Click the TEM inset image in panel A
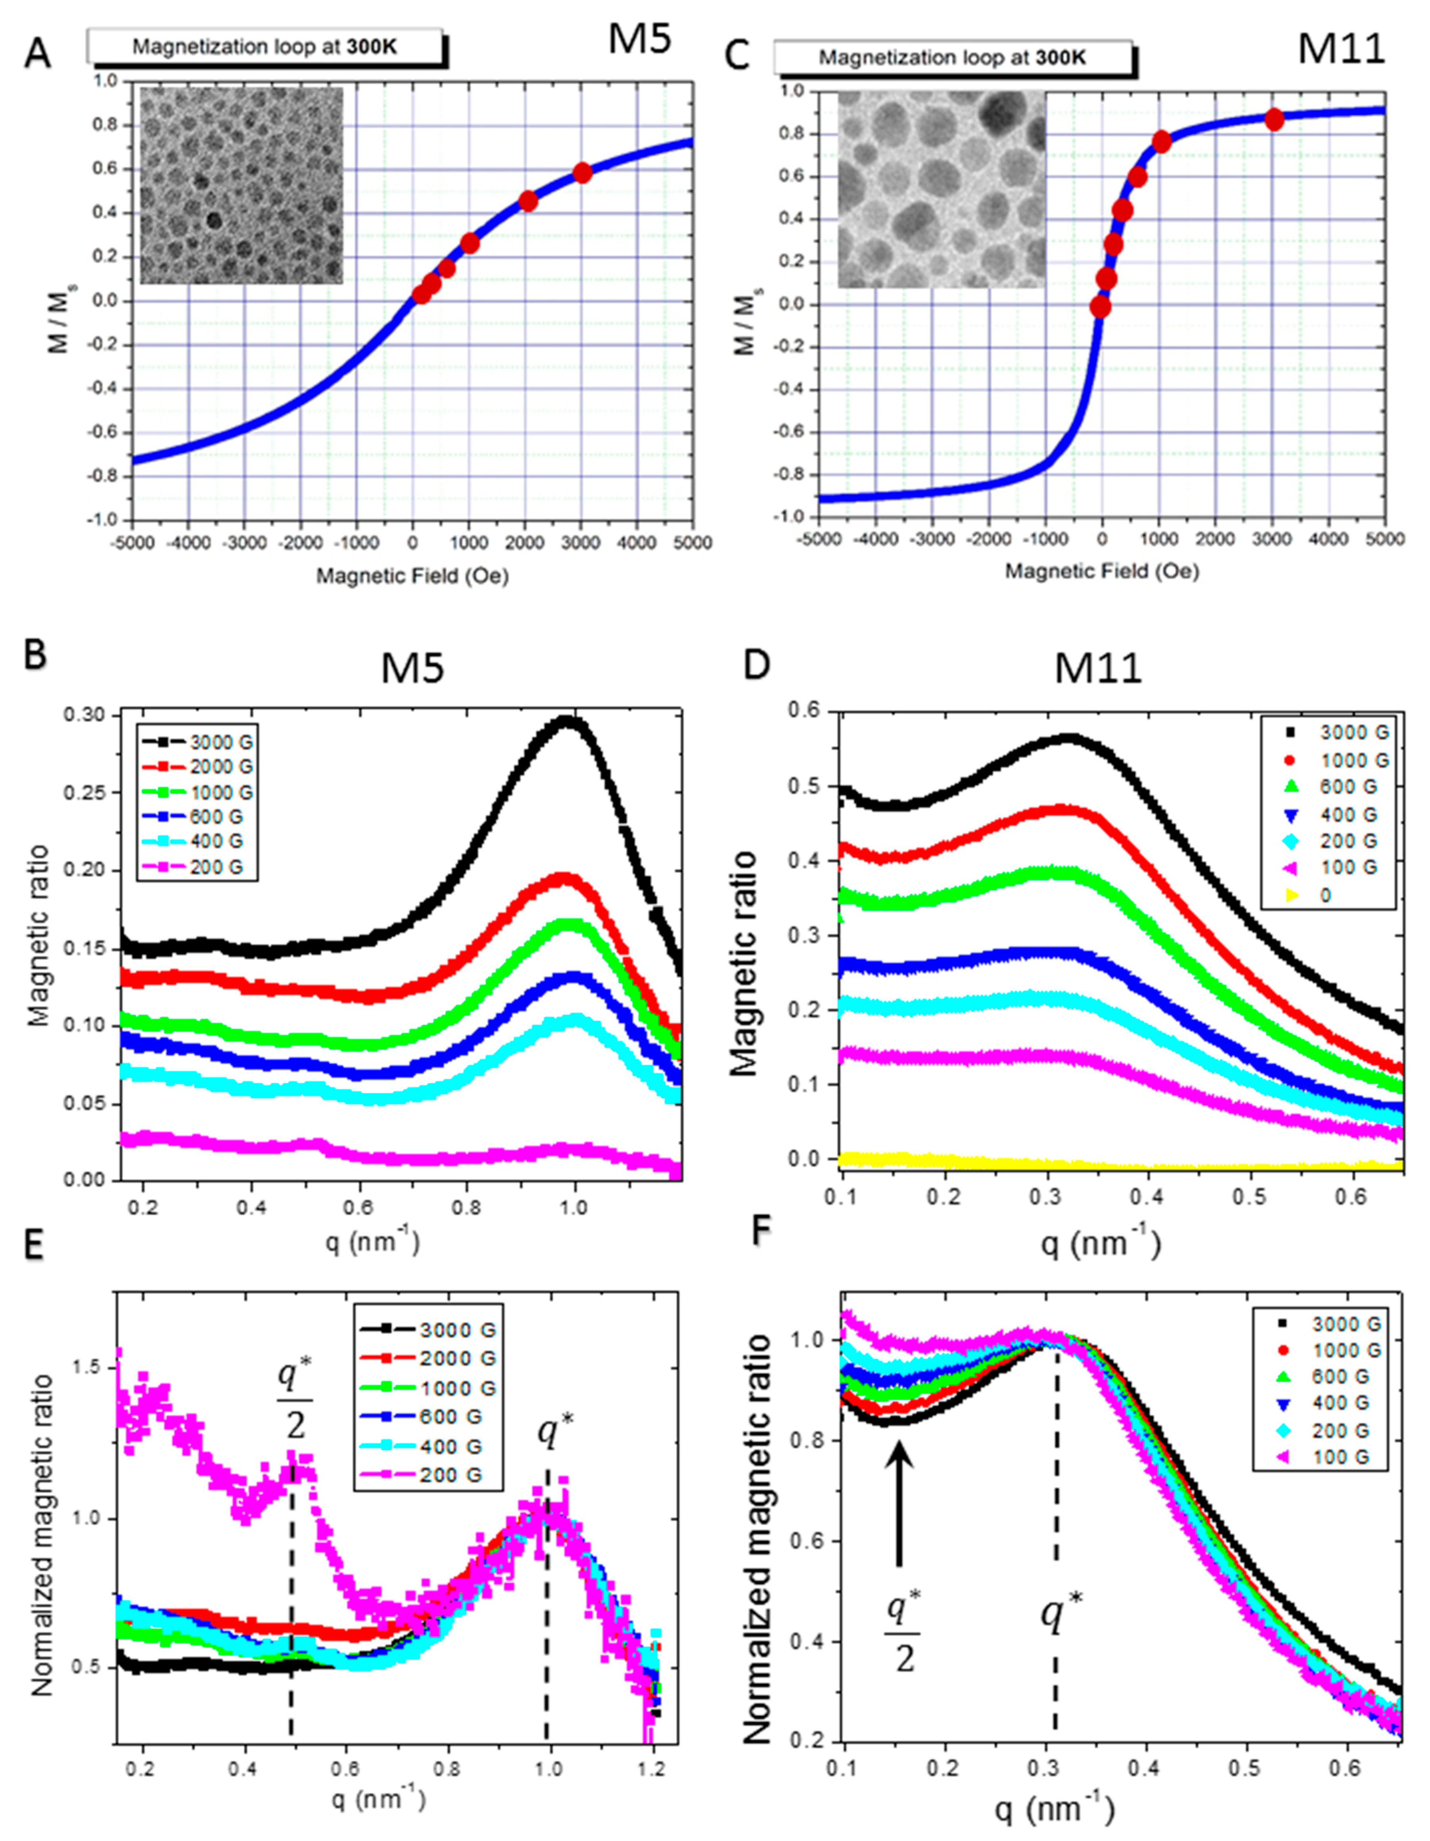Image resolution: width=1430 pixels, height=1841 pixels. coord(242,185)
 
